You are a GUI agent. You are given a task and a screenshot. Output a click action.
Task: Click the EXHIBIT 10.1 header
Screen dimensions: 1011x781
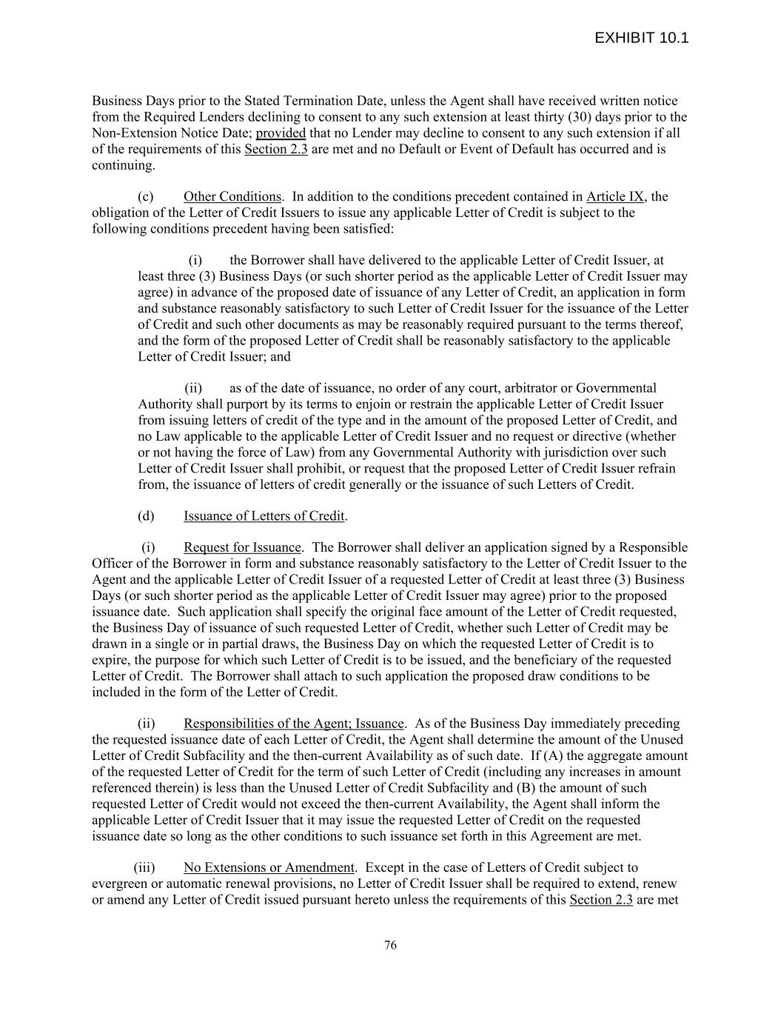[641, 38]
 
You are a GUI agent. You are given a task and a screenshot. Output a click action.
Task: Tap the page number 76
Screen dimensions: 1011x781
[390, 945]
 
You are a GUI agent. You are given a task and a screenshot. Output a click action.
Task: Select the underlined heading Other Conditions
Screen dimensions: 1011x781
[232, 197]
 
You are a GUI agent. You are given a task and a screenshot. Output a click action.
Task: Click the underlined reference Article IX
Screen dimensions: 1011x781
[614, 197]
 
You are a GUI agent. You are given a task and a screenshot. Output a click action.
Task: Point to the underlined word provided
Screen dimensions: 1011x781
[281, 133]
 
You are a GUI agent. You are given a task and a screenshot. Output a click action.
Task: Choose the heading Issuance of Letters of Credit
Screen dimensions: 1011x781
[264, 516]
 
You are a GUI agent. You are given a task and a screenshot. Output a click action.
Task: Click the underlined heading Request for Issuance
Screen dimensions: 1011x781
[242, 548]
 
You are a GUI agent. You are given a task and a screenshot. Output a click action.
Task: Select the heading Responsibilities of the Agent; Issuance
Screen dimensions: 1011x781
[293, 724]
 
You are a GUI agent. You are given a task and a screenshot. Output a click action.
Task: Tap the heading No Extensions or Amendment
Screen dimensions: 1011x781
[269, 868]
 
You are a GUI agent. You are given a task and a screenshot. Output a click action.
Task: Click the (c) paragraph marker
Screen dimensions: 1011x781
[146, 197]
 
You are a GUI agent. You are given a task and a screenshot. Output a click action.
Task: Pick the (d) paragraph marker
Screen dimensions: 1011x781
[146, 516]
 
